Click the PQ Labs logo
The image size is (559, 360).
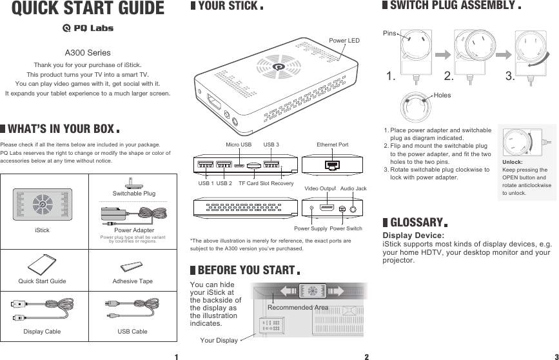(87, 28)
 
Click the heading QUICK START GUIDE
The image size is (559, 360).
(88, 9)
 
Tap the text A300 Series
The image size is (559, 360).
(88, 52)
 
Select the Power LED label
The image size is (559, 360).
(344, 41)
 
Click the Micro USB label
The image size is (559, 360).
(239, 145)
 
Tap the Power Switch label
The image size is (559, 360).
(347, 228)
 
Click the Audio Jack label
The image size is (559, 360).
(353, 188)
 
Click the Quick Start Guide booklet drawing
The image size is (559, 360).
(44, 265)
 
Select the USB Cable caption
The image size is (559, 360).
(132, 332)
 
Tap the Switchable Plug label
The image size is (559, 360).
(134, 193)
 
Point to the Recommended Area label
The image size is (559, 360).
(299, 308)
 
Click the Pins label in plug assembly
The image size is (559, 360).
(389, 32)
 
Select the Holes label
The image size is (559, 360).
(442, 95)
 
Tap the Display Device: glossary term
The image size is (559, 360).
(413, 236)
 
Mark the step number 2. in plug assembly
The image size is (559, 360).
(449, 77)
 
